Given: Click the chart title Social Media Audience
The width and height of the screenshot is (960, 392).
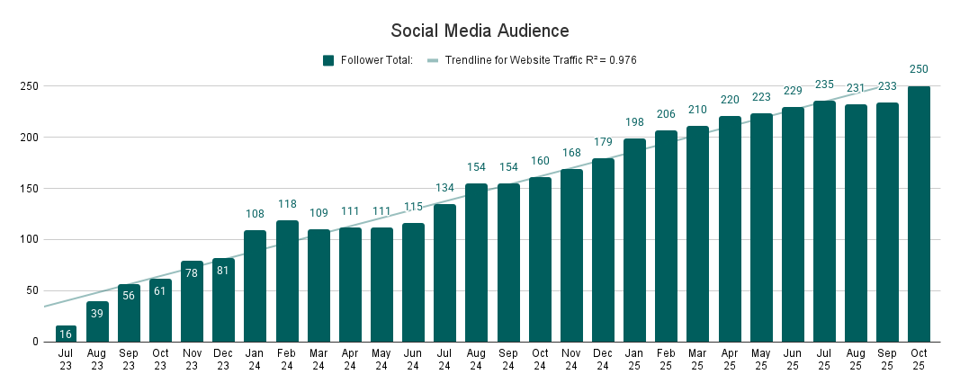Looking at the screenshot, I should [480, 31].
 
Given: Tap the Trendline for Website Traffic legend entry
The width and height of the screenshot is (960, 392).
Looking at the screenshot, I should [532, 60].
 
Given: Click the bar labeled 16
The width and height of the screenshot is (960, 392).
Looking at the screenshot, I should [66, 334].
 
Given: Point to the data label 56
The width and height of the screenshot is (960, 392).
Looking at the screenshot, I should [129, 296].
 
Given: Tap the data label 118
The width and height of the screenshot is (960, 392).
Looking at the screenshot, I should [286, 204].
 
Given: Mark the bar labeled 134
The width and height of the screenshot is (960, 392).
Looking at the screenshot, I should [444, 273].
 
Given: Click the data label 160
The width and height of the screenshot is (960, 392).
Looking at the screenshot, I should [539, 161].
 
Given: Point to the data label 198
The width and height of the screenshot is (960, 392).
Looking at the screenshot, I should [634, 122].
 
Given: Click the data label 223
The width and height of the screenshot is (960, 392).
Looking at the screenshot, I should [761, 97].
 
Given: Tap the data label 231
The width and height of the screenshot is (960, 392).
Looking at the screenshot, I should [856, 88].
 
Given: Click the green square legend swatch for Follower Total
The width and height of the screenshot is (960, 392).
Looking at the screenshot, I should [328, 60].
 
